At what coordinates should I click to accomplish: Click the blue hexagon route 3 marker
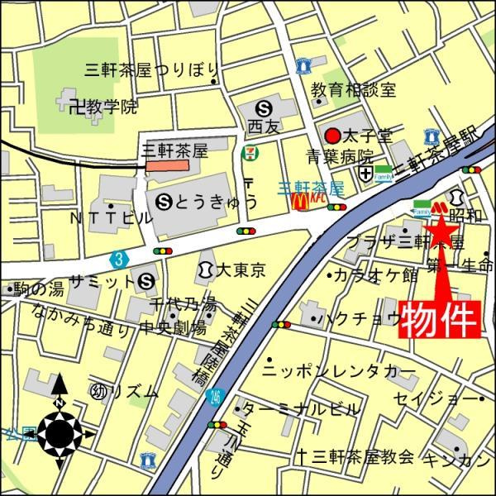click(x=122, y=260)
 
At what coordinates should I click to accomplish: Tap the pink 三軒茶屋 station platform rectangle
click(x=168, y=165)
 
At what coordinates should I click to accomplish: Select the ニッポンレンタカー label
click(x=339, y=370)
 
